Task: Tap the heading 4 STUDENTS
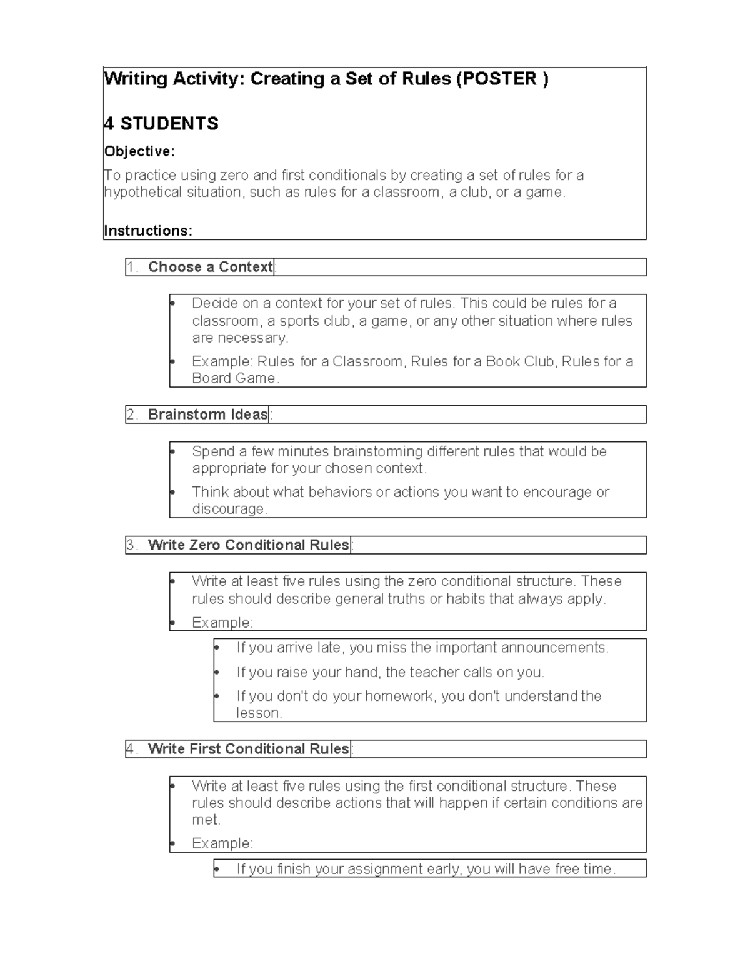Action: click(x=161, y=124)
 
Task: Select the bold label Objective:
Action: click(x=139, y=152)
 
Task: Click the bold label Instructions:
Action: click(x=148, y=231)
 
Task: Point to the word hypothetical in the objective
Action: click(x=143, y=193)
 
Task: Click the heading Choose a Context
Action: click(x=211, y=267)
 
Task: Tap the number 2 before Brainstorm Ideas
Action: click(x=131, y=415)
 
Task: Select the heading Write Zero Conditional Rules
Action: click(x=248, y=545)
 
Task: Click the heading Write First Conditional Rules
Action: click(x=248, y=749)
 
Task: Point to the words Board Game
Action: click(x=234, y=378)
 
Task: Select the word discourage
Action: click(x=229, y=509)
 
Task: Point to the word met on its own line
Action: click(x=205, y=820)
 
